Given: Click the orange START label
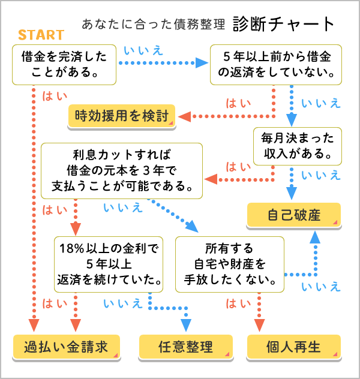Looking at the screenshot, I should tap(41, 35).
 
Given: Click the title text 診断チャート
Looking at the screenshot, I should tap(283, 24).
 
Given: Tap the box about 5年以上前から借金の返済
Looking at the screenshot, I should tap(276, 65).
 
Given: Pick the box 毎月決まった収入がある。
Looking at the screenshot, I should tap(298, 146).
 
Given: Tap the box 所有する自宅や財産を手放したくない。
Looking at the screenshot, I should tap(230, 263).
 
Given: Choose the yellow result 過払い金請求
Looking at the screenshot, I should tap(66, 347).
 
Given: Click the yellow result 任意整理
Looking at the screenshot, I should tap(186, 347).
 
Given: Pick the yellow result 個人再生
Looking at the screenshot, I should tap(294, 347).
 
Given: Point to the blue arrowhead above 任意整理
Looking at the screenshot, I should tap(186, 324).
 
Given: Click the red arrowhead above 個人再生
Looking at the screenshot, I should tap(259, 324).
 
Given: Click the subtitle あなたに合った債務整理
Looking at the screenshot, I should tap(153, 25).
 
